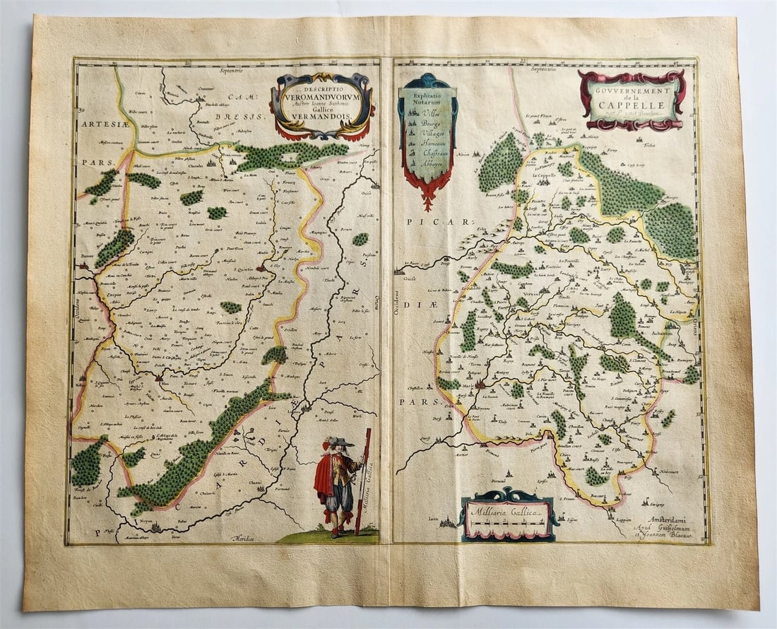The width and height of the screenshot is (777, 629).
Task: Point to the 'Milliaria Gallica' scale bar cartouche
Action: (x=507, y=514)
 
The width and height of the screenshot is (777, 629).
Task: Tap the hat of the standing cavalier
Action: (x=340, y=442)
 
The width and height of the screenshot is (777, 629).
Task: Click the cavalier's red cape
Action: (x=325, y=474)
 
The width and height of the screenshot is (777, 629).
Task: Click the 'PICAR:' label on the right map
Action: (x=428, y=222)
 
